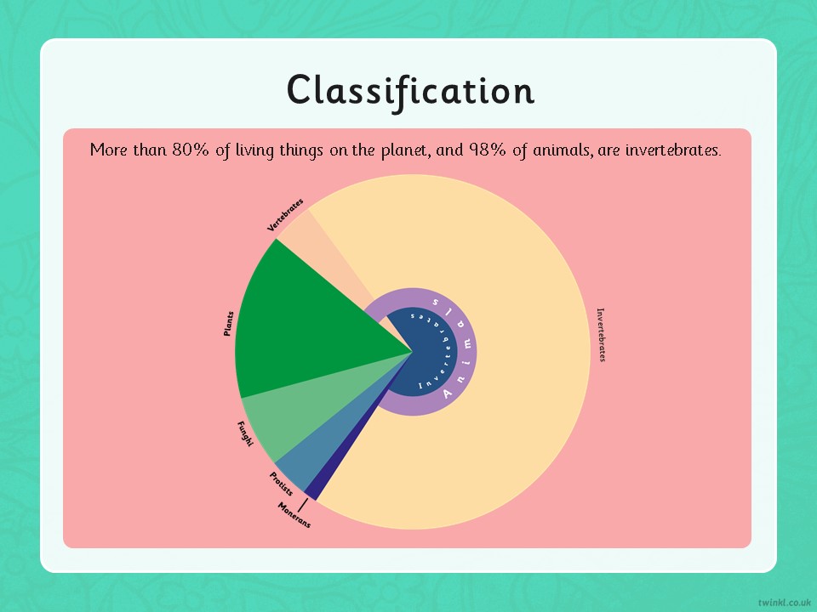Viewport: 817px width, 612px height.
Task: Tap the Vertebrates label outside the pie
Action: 285,215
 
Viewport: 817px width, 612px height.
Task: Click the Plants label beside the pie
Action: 228,324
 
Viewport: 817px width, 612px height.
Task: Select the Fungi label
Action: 245,433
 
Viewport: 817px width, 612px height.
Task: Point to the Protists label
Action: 281,484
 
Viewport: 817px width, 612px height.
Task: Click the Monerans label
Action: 294,515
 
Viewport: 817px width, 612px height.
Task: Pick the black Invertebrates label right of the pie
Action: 601,335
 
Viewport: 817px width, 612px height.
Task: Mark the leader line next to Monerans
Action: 303,505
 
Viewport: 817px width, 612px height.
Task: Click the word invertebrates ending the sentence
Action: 673,150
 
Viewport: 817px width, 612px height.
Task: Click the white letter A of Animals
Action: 447,394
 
